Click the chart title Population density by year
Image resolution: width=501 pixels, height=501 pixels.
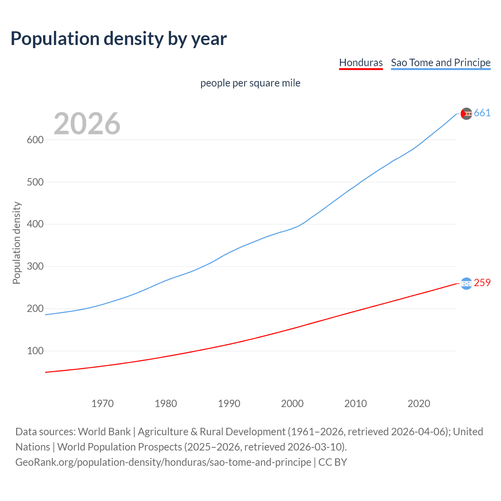pos(119,39)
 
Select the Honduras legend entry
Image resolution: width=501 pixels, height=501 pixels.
pos(360,63)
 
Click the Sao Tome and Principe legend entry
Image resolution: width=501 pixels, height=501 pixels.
pos(440,63)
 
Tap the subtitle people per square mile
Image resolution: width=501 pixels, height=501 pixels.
pos(250,83)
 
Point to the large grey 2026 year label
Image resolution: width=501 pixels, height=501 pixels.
pos(87,124)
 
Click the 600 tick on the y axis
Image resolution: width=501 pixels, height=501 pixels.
pos(35,140)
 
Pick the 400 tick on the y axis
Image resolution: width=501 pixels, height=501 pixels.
pos(35,224)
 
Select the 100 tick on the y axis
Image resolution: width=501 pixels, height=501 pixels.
pos(35,351)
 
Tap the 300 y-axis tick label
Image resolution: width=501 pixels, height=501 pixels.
pos(35,267)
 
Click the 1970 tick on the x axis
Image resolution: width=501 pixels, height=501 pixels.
pos(103,404)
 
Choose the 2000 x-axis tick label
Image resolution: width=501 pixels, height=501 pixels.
pos(292,404)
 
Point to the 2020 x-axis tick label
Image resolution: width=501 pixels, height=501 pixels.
pos(419,404)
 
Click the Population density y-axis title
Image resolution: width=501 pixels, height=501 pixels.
pos(16,243)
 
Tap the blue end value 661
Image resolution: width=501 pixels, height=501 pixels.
pos(482,113)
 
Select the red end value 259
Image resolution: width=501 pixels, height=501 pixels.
pos(482,283)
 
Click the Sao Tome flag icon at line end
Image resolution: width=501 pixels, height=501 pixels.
pos(466,114)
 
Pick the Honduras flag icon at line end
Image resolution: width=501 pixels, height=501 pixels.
pos(466,283)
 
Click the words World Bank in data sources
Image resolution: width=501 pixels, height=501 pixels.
pos(104,432)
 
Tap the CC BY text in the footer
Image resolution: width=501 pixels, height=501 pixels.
pos(333,462)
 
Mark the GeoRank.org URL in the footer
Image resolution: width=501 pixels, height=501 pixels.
pos(163,462)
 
